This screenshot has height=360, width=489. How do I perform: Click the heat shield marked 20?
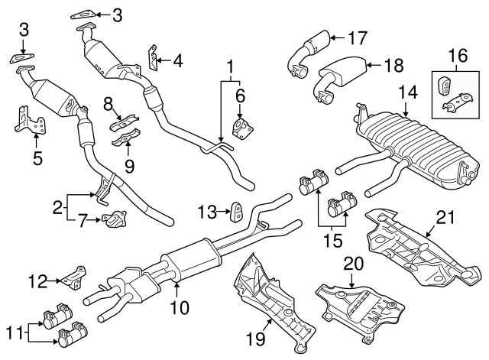359,306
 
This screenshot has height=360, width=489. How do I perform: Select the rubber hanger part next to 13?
238,210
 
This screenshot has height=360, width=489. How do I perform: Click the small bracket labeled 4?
154,57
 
